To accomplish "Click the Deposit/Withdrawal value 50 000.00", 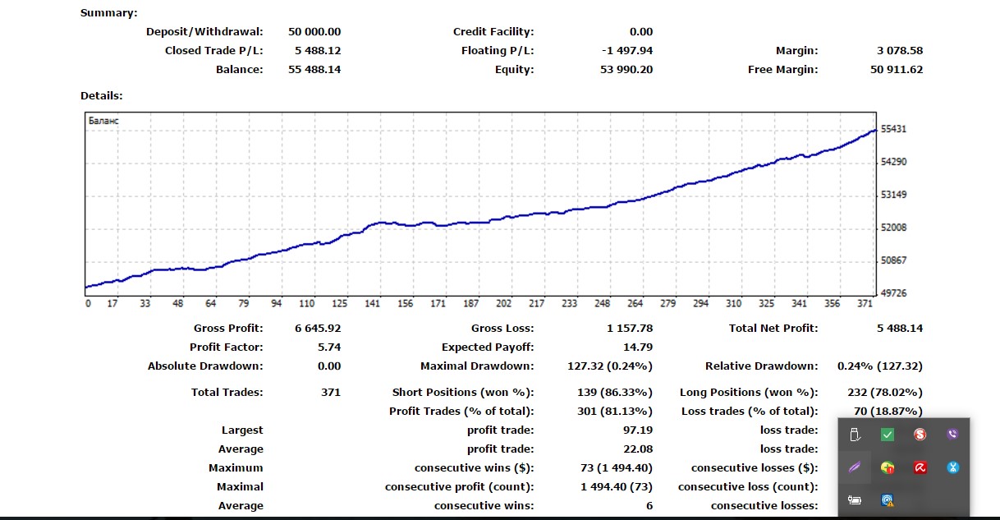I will tap(314, 32).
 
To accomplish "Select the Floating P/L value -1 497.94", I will tap(627, 51).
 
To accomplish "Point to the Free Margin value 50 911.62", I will tap(897, 70).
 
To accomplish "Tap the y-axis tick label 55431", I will tap(893, 130).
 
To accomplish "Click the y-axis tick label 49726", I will tap(893, 293).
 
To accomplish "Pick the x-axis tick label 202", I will tap(503, 304).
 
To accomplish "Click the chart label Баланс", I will tap(103, 121).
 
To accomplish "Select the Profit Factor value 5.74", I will tap(329, 347).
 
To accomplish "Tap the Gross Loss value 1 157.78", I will tap(627, 329).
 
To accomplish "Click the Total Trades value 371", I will tap(331, 393).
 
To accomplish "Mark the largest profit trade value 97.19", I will tap(638, 430).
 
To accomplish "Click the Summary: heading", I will tap(109, 13).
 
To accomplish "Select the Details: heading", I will tap(102, 96).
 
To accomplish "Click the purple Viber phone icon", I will tap(952, 435).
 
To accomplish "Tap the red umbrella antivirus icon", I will tap(920, 467).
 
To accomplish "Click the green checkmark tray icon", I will tap(888, 435).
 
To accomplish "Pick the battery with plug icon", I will tap(855, 499).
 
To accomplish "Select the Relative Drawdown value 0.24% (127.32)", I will tap(880, 366).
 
